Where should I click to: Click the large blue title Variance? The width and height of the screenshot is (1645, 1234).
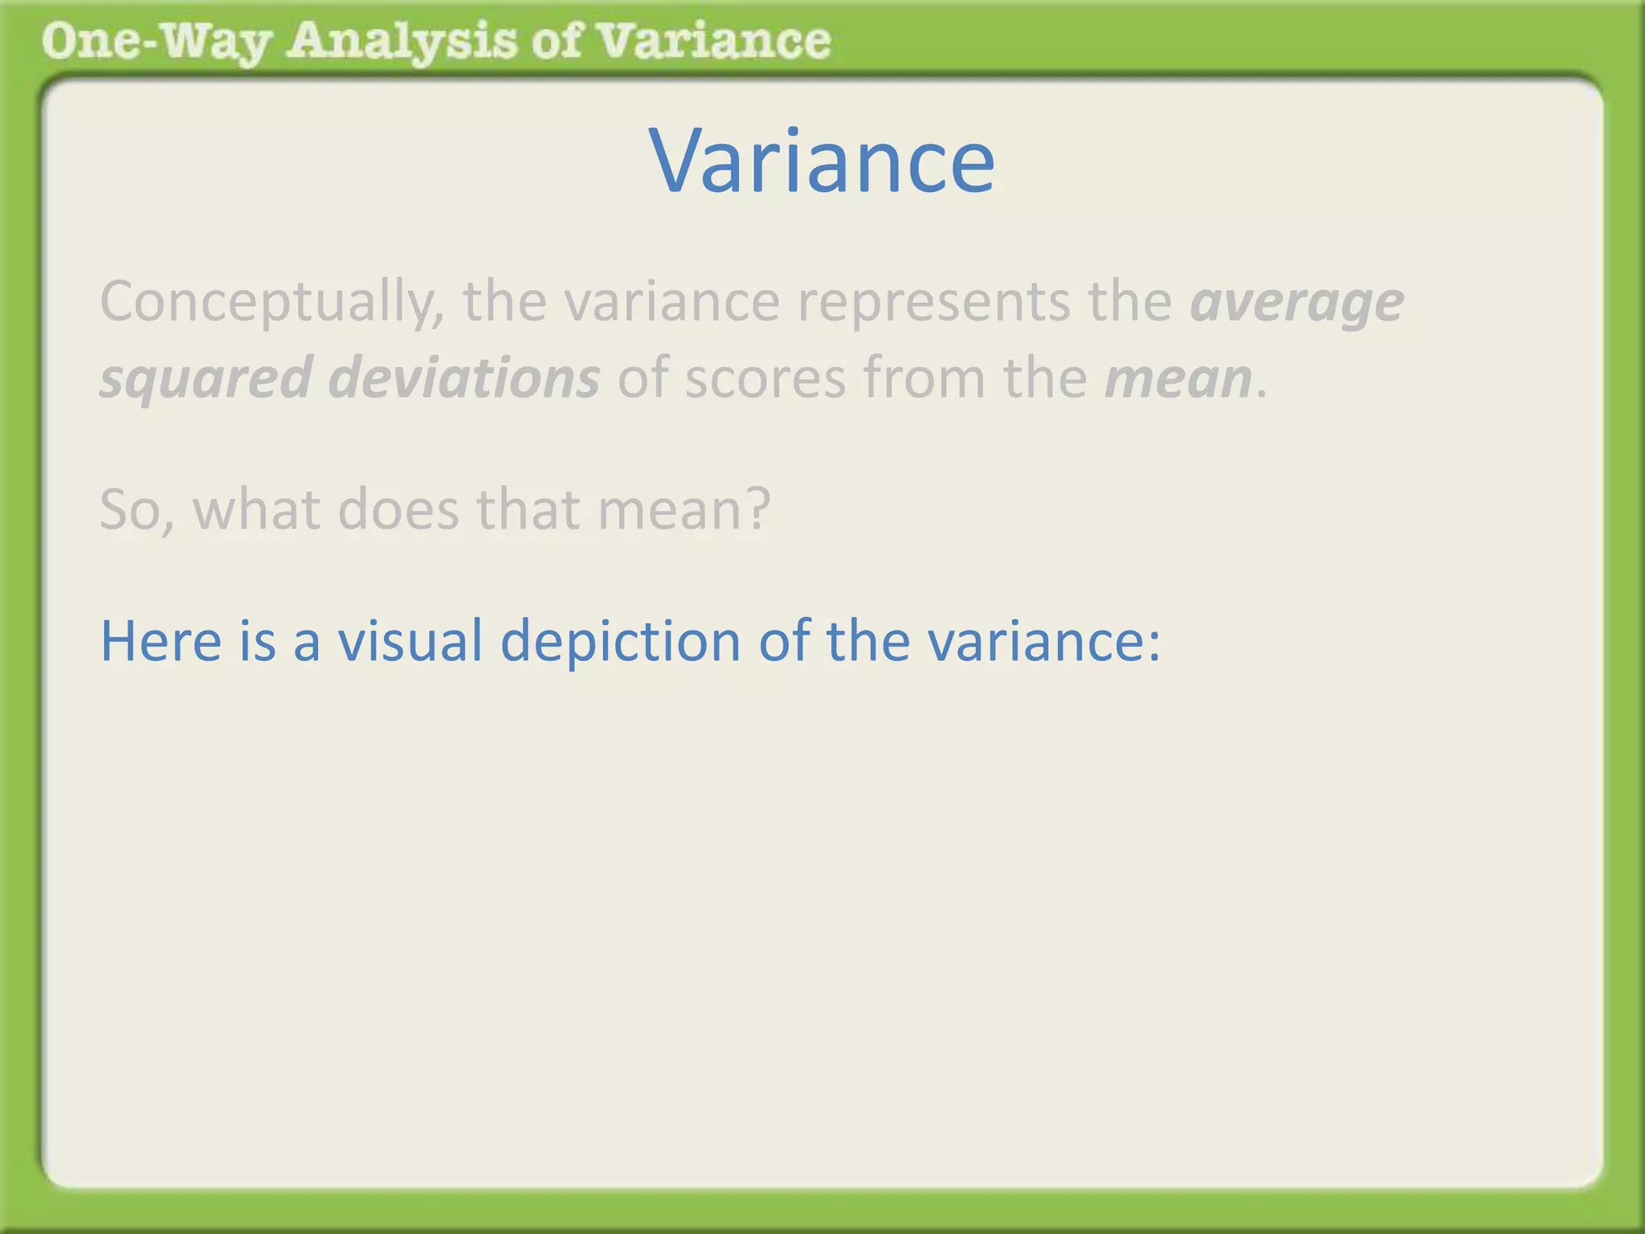click(822, 162)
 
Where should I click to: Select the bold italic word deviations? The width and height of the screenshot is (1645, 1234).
click(464, 378)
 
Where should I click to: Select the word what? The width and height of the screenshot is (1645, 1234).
click(256, 509)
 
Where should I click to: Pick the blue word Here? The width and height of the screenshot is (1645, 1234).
click(161, 641)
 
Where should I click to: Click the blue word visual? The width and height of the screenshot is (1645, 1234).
click(410, 641)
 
